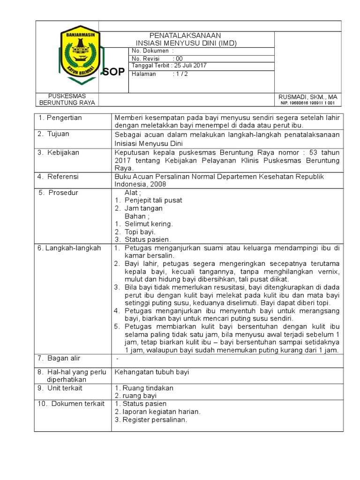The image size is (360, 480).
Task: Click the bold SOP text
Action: pyautogui.click(x=113, y=72)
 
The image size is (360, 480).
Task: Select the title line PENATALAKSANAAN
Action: pyautogui.click(x=185, y=36)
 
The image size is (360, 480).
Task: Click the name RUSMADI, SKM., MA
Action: pyautogui.click(x=307, y=97)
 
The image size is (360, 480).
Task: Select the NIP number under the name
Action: pyautogui.click(x=307, y=103)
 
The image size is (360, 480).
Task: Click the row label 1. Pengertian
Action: pyautogui.click(x=60, y=118)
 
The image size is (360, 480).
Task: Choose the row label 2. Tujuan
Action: pyautogui.click(x=54, y=134)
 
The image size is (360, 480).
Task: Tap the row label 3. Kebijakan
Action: pyautogui.click(x=59, y=152)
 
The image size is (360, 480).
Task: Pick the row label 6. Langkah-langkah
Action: pyautogui.click(x=69, y=248)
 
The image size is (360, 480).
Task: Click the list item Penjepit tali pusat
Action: pyautogui.click(x=153, y=200)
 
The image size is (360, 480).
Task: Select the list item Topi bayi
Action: pyautogui.click(x=140, y=232)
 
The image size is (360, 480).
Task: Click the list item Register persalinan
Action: pyautogui.click(x=155, y=420)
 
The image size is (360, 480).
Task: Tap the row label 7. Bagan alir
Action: pyautogui.click(x=59, y=359)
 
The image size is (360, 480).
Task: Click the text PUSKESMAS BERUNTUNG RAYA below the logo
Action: pyautogui.click(x=67, y=99)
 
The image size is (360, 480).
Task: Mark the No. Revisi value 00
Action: pyautogui.click(x=179, y=58)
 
